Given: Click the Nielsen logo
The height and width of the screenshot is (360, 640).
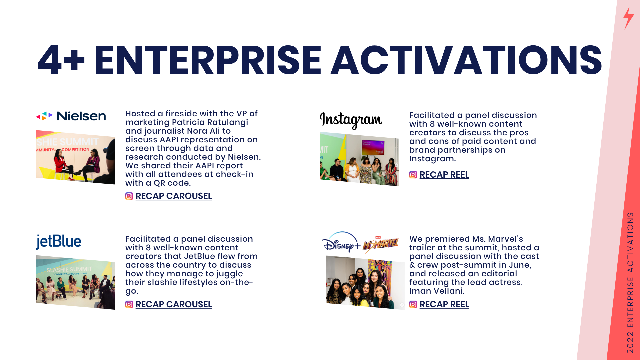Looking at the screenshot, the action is click(x=71, y=116).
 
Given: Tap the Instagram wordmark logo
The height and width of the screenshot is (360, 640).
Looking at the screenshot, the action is click(x=351, y=120).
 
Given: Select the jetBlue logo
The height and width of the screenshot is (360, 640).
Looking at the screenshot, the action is click(x=59, y=242).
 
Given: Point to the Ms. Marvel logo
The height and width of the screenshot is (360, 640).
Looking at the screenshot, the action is click(x=381, y=244).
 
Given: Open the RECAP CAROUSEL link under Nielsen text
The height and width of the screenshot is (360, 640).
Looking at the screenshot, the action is click(x=174, y=196).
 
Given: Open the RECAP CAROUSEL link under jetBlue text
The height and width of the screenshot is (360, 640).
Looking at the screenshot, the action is click(x=174, y=304).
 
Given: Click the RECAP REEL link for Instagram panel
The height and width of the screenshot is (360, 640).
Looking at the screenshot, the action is click(x=444, y=175).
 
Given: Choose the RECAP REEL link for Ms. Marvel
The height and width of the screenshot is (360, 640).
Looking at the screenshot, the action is click(x=444, y=304).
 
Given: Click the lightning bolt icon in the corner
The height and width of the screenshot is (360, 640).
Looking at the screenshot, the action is click(x=628, y=18).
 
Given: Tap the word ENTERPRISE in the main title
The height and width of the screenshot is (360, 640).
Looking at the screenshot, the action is click(x=208, y=60).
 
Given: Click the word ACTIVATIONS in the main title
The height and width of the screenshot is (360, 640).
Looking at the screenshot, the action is click(x=466, y=60).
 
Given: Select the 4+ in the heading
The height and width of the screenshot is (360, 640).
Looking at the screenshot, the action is click(x=61, y=60).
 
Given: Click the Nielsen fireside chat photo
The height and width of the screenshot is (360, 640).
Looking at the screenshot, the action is click(x=76, y=157).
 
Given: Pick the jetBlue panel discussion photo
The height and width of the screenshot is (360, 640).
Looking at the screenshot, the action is click(x=76, y=282).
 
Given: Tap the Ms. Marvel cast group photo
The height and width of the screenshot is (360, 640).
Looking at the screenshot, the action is click(x=366, y=283).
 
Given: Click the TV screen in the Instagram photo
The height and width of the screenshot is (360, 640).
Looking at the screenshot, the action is click(x=373, y=148).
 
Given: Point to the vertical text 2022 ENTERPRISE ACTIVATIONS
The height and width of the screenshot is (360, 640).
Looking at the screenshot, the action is click(x=630, y=283).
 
